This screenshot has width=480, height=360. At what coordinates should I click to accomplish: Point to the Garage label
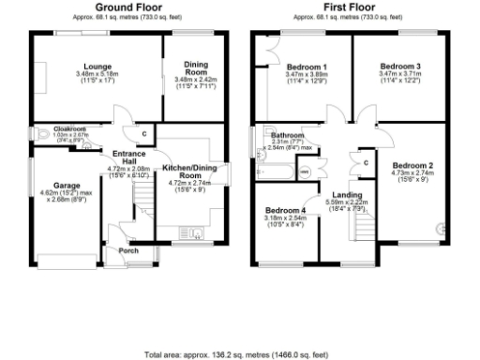63,186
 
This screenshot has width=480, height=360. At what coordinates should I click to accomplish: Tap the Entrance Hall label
127,158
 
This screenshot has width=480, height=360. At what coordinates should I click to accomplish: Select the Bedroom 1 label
307,67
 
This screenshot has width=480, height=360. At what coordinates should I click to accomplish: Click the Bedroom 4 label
285,210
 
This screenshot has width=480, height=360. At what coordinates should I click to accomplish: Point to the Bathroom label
285,135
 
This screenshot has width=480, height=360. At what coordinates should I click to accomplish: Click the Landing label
348,194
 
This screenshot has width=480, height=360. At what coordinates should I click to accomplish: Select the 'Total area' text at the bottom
236,355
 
